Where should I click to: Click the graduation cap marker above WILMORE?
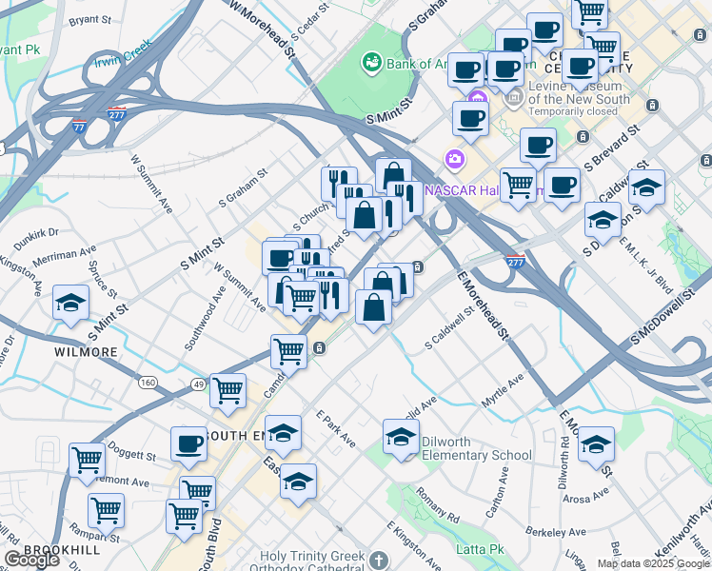point(70,304)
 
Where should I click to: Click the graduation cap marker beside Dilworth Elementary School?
point(402,437)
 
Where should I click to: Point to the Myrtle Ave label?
point(503,391)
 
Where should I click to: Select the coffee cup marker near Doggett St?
point(188,443)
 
